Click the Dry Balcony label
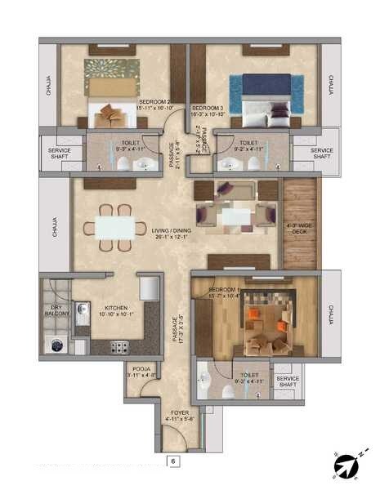pos(56,311)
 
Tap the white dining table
pos(114,227)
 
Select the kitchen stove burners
pos(119,346)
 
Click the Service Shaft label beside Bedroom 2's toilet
pos(59,154)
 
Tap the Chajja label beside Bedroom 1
pos(331,314)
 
